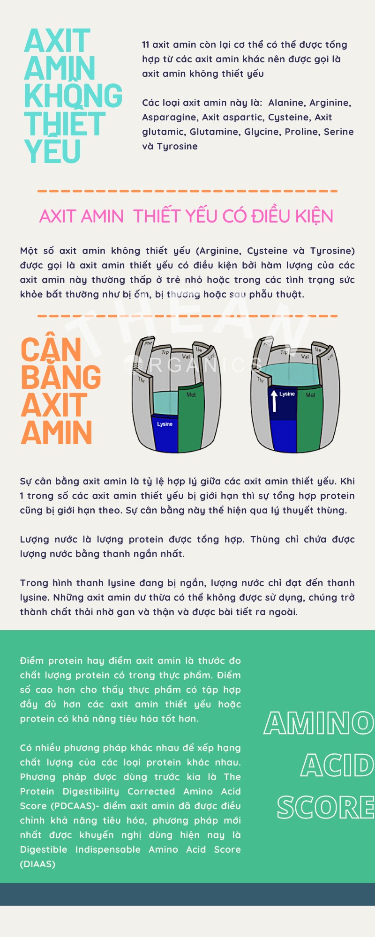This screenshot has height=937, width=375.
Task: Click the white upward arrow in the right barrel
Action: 274,401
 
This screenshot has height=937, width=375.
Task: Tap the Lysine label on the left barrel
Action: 165,424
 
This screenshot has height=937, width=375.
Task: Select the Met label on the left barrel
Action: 191,394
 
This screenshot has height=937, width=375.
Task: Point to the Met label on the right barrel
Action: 310,395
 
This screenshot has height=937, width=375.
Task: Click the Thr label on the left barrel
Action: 142,379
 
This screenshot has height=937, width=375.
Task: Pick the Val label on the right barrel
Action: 305,357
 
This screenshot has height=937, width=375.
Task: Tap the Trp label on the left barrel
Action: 165,352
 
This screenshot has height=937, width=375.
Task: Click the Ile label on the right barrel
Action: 318,350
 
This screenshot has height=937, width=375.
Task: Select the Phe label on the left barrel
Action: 148,343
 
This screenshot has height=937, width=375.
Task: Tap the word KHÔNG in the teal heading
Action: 73,95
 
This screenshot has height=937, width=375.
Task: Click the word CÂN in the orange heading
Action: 51,350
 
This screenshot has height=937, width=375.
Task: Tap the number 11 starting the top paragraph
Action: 146,45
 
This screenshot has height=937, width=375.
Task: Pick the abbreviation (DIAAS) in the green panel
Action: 37,864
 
